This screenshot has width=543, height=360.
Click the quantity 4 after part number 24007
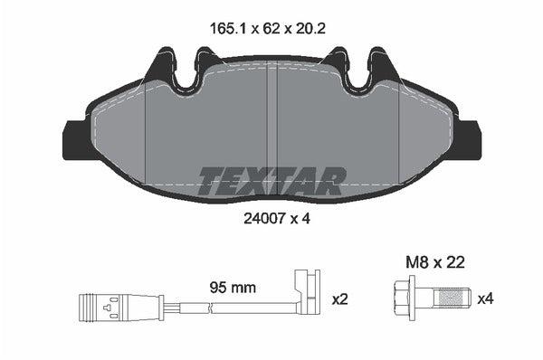[x=309, y=218]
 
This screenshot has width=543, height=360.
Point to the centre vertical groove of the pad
[x=273, y=127]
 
